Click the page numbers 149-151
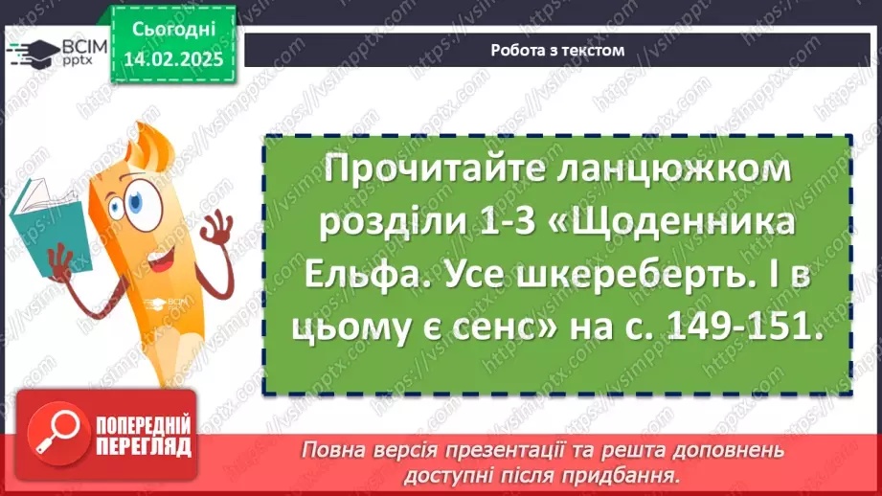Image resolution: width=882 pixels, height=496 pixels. [x=744, y=328]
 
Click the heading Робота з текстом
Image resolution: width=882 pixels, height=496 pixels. [x=556, y=51]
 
